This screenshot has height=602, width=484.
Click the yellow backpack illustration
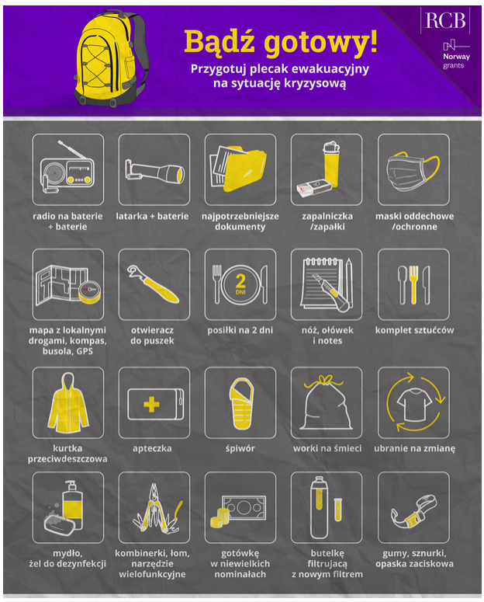(x=110, y=58)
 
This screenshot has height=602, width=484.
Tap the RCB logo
(x=445, y=20)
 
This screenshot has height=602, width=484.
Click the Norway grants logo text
(x=456, y=61)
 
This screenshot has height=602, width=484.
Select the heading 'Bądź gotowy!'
(x=280, y=41)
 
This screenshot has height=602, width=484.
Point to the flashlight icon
(x=154, y=172)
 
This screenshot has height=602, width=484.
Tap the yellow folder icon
(x=244, y=169)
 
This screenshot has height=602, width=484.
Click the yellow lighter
(x=331, y=165)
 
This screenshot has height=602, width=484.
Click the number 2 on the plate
(x=240, y=281)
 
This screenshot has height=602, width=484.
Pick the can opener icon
(x=154, y=284)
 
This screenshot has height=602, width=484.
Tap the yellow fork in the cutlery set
(x=413, y=284)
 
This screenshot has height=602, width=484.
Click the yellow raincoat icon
(x=68, y=402)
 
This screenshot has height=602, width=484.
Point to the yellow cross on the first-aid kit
(x=151, y=404)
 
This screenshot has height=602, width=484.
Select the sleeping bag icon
(x=241, y=403)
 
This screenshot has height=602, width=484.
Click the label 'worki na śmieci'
(x=327, y=448)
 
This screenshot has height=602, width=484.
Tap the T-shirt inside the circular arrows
(x=414, y=404)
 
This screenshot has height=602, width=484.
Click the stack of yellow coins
(x=219, y=517)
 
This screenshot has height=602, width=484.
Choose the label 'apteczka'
(x=152, y=448)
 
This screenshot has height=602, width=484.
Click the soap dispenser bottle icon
(x=73, y=503)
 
